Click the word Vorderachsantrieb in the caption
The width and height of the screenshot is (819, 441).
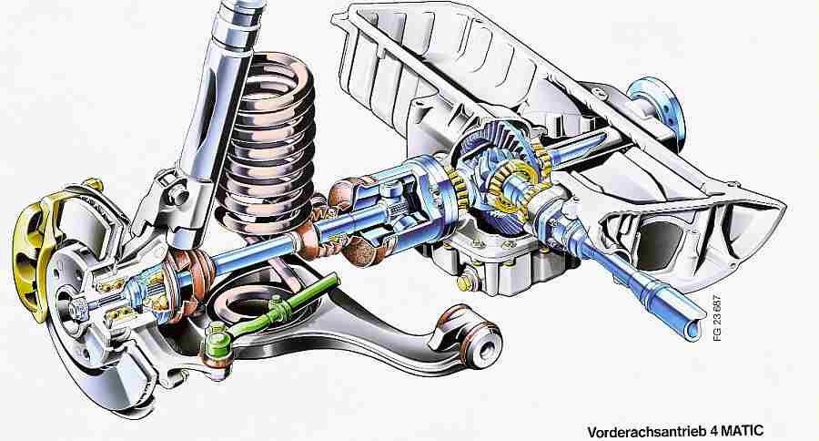(647, 432)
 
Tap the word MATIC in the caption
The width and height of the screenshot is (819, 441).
(743, 431)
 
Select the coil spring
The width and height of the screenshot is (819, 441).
(269, 141)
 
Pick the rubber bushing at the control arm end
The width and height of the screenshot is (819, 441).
(479, 340)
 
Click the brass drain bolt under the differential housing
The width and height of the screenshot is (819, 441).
(464, 282)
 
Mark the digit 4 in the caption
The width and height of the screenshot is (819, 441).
(713, 432)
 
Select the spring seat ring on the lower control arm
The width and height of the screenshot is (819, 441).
(251, 304)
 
